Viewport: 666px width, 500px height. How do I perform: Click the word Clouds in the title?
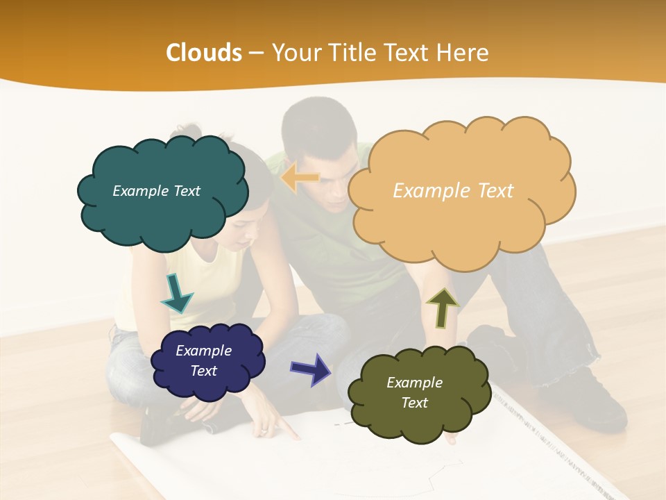click(204, 53)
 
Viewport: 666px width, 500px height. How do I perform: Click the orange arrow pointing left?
click(300, 178)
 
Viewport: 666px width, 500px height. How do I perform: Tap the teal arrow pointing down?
click(177, 292)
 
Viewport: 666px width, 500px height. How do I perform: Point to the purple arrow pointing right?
click(311, 369)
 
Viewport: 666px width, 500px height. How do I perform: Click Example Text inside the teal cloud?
click(156, 191)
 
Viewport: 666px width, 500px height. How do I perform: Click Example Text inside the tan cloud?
click(453, 191)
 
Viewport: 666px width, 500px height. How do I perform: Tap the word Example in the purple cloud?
click(203, 351)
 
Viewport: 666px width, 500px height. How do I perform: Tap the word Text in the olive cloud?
click(414, 403)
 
